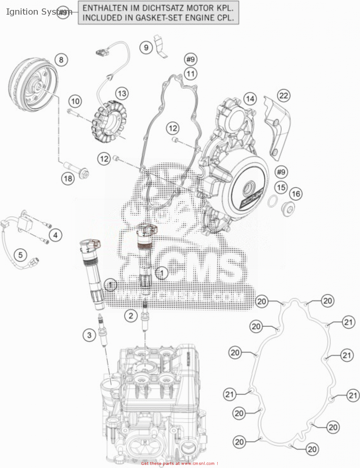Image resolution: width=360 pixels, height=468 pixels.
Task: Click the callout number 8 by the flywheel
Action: pyautogui.click(x=61, y=60)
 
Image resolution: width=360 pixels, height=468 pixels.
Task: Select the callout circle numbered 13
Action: pyautogui.click(x=122, y=93)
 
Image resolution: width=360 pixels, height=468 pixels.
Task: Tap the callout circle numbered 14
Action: pyautogui.click(x=250, y=99)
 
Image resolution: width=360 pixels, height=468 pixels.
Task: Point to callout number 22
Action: pyautogui.click(x=284, y=95)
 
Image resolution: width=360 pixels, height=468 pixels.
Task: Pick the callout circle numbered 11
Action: pyautogui.click(x=190, y=74)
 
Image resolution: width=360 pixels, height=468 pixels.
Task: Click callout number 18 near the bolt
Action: pyautogui.click(x=68, y=178)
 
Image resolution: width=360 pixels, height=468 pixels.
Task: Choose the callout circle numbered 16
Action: pyautogui.click(x=296, y=194)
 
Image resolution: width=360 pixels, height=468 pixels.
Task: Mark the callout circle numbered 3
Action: pyautogui.click(x=89, y=335)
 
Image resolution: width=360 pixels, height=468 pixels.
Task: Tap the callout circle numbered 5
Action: pyautogui.click(x=20, y=255)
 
